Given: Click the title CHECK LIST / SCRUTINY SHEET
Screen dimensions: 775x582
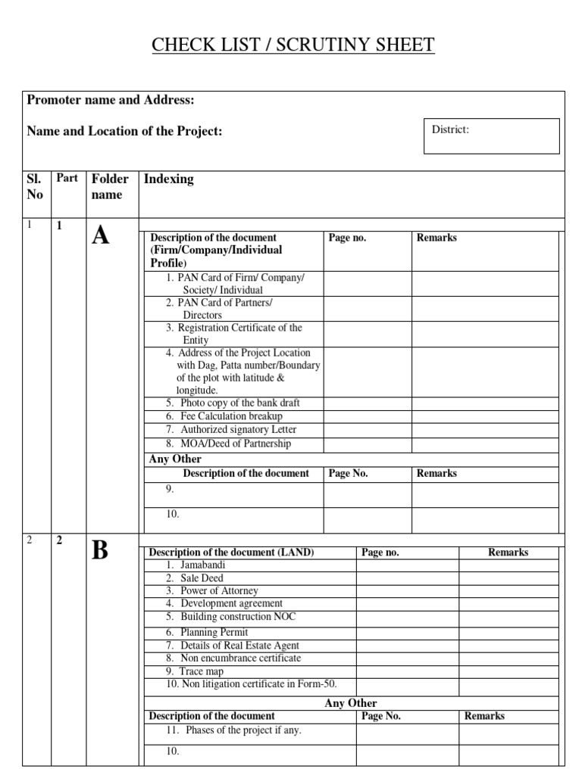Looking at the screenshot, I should tap(293, 45).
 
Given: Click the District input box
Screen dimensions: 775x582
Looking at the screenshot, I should tap(491, 136).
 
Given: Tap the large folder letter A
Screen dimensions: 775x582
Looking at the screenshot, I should tap(101, 237).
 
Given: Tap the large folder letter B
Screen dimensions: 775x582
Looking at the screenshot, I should tap(101, 552).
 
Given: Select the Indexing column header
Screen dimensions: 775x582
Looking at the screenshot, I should tap(168, 179).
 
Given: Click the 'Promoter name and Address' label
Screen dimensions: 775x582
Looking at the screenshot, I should tap(111, 101).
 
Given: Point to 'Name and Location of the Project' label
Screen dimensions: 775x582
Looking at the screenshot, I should tap(125, 131).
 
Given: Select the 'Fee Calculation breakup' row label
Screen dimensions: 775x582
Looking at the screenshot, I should tap(230, 416).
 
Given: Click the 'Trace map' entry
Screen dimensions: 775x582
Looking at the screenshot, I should tap(201, 671).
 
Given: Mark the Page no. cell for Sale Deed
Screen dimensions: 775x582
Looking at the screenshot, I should tap(408, 577).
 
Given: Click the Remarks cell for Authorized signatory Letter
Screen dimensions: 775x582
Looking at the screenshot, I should tap(484, 430).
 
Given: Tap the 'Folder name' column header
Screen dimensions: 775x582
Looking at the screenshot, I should tap(111, 186).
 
